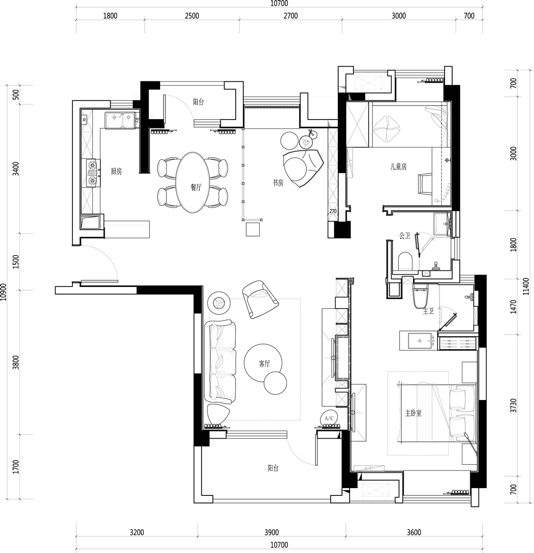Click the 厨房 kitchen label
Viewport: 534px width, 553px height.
coord(116,171)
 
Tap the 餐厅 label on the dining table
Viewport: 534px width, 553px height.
coord(196,187)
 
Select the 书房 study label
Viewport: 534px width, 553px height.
coord(278,183)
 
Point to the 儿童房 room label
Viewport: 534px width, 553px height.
coord(398,167)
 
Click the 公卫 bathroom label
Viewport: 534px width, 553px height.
coord(405,235)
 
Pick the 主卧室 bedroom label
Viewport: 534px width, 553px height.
coord(413,413)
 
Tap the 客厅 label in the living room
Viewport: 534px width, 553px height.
coord(264,364)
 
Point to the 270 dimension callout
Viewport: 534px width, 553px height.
coord(333,211)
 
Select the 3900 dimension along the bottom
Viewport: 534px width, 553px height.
coord(272,532)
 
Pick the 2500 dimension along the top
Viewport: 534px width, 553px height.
coord(192,16)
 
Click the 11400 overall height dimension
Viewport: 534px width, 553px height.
coord(526,286)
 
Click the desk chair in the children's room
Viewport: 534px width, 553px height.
coord(425,184)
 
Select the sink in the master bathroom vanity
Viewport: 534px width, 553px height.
coord(420,341)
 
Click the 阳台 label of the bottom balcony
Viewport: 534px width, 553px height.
coord(273,468)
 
